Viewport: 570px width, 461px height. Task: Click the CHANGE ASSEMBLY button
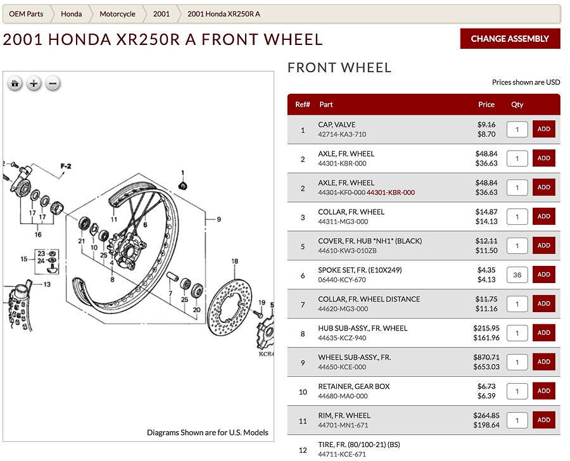[510, 39]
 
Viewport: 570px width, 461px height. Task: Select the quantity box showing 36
[517, 274]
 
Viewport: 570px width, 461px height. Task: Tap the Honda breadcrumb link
[71, 14]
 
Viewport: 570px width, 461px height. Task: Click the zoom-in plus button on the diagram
[34, 83]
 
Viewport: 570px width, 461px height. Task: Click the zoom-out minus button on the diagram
[53, 83]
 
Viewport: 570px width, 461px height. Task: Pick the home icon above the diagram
[15, 83]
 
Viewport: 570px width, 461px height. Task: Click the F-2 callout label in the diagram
[66, 167]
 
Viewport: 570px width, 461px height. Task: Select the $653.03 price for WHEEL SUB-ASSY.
[486, 367]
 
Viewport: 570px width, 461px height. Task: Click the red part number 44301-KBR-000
[391, 193]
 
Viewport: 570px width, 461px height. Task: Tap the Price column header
[486, 104]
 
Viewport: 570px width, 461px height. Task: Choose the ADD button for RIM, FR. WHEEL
[543, 420]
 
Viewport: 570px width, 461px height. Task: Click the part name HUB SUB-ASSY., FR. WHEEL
[362, 328]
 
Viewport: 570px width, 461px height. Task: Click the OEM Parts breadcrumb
[26, 14]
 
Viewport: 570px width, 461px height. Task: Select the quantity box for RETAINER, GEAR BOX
[517, 391]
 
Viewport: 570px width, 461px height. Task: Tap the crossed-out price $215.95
[486, 328]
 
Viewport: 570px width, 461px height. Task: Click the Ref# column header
[303, 104]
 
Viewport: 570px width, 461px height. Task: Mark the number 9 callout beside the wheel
[218, 220]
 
